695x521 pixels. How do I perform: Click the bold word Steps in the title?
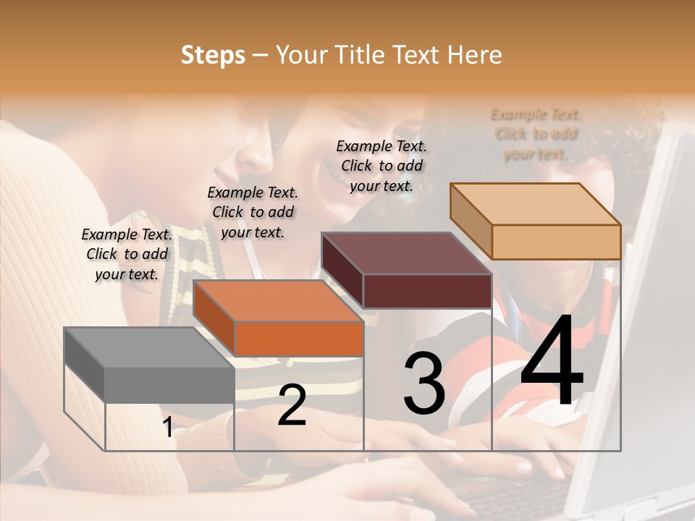tap(213, 55)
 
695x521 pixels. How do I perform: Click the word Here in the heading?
tap(474, 55)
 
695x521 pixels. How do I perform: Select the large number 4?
tap(552, 362)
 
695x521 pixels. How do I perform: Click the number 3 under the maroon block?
tap(424, 384)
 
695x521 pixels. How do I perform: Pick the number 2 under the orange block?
tap(292, 404)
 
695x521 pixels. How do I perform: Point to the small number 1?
tap(167, 428)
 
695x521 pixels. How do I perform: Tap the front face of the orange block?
tap(298, 339)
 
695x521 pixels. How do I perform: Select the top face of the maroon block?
tap(405, 254)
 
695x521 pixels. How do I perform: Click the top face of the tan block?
tap(534, 204)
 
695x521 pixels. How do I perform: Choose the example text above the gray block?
tap(127, 254)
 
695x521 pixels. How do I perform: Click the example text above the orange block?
tap(253, 212)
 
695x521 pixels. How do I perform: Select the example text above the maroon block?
tap(382, 166)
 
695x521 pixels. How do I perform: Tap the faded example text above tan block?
tap(536, 134)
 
